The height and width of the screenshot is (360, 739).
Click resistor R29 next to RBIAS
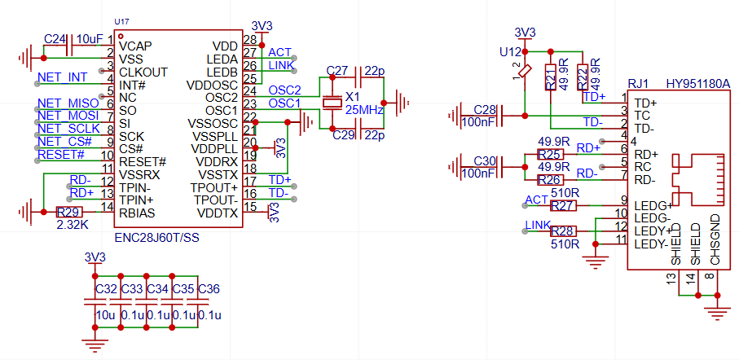pyautogui.click(x=70, y=212)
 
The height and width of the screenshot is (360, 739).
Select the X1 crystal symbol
pyautogui.click(x=332, y=103)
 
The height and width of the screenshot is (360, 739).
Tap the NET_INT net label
pyautogui.click(x=62, y=77)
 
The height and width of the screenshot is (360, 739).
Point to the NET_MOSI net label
pyautogui.click(x=68, y=116)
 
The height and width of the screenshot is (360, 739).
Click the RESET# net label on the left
pyautogui.click(x=61, y=154)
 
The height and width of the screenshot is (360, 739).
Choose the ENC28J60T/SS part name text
pyautogui.click(x=157, y=238)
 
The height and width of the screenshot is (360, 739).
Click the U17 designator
pyautogui.click(x=121, y=22)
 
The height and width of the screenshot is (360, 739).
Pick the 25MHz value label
pyautogui.click(x=364, y=110)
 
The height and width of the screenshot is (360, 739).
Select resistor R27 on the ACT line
pyautogui.click(x=564, y=205)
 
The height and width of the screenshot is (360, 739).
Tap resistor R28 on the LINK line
pyautogui.click(x=564, y=231)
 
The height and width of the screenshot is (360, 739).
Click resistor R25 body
pyautogui.click(x=551, y=154)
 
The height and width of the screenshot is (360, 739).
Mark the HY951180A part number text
pyautogui.click(x=698, y=84)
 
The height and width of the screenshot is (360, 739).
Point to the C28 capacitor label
pyautogui.click(x=485, y=110)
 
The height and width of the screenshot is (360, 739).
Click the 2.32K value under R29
pyautogui.click(x=71, y=225)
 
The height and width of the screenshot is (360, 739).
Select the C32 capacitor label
pyautogui.click(x=107, y=289)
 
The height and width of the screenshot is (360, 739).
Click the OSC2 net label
pyautogui.click(x=284, y=90)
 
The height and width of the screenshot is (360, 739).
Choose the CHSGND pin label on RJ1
pyautogui.click(x=715, y=239)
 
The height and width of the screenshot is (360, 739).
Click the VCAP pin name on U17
pyautogui.click(x=135, y=46)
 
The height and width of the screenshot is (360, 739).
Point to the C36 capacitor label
pyautogui.click(x=209, y=289)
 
